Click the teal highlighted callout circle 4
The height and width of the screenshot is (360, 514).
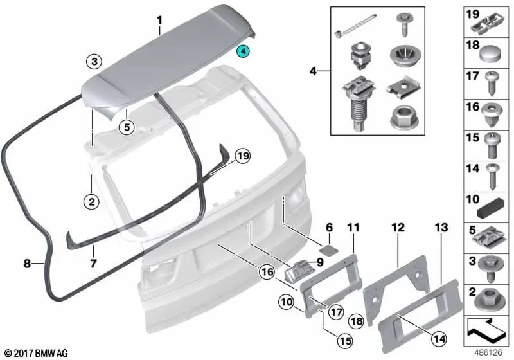coord(244,51)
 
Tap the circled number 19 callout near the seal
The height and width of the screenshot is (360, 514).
coord(242,156)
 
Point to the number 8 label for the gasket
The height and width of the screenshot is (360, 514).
coord(27,263)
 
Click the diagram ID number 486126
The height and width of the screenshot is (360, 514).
coord(488,353)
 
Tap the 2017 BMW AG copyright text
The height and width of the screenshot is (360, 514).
coord(31,353)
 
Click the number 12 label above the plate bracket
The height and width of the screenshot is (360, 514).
coord(398,227)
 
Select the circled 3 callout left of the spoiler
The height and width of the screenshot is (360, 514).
coord(94,62)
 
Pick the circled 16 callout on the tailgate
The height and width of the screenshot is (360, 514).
coord(267,273)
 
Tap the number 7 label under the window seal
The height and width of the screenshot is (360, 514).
coord(93,264)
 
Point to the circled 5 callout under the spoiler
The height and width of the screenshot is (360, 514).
coord(127,127)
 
